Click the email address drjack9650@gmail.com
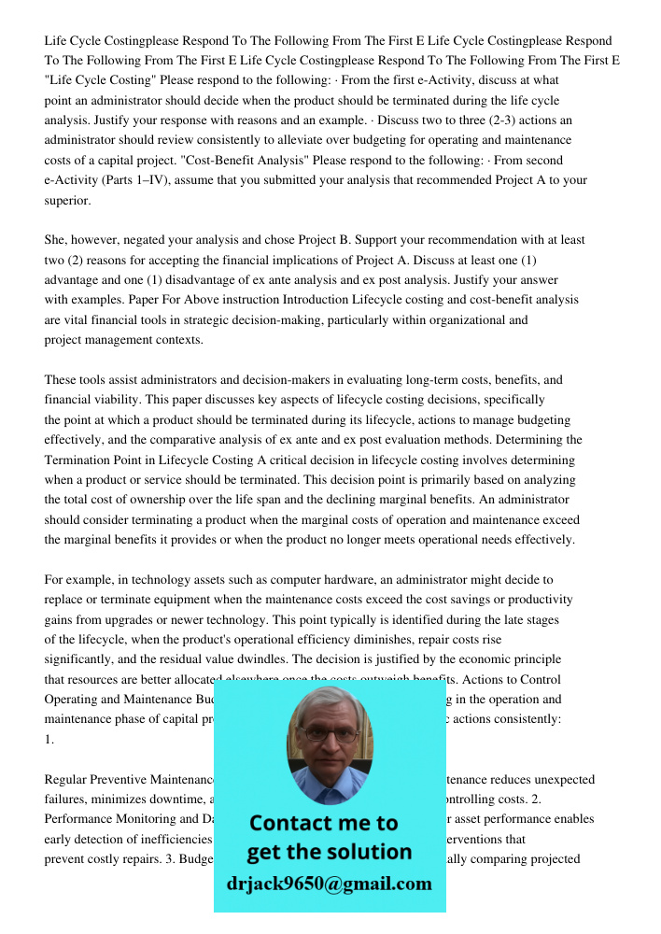coord(329,883)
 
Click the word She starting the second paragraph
coord(55,240)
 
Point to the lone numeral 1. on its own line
coord(49,739)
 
